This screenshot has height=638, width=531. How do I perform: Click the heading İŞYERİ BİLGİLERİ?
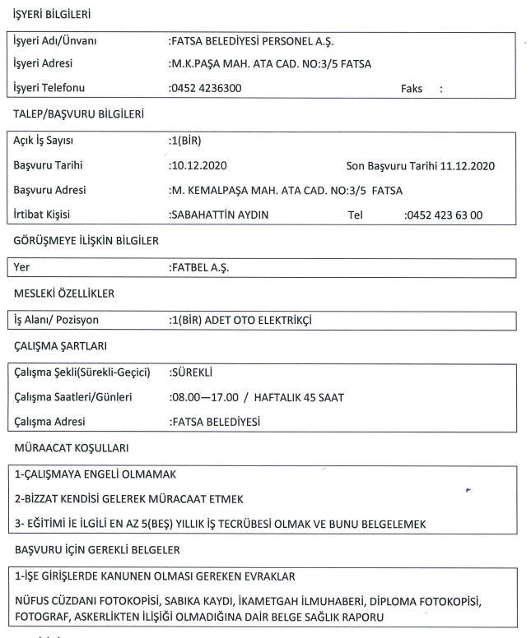(x=51, y=15)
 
